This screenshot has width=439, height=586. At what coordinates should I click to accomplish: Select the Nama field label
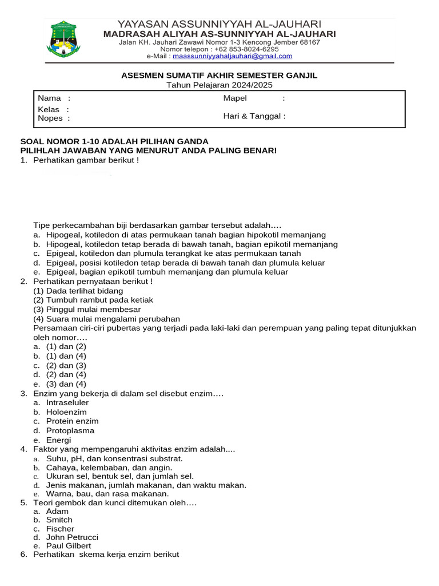tap(49, 98)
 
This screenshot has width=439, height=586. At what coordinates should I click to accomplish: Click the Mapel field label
tap(235, 98)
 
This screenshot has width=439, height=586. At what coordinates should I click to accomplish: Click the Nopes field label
tap(50, 118)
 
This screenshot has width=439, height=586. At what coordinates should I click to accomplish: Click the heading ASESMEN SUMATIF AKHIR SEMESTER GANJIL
tap(219, 76)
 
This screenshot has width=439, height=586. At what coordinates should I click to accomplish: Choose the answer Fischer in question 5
tap(60, 528)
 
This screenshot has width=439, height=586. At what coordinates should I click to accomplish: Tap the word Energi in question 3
tap(59, 440)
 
